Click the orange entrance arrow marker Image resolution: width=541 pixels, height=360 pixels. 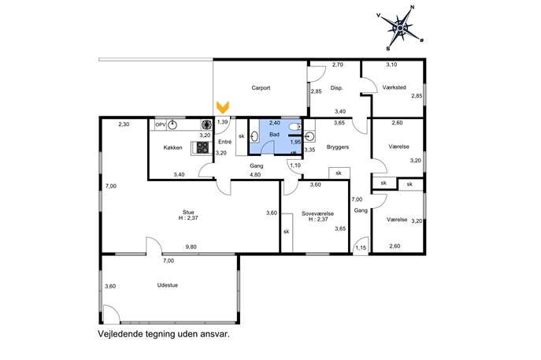click(223, 107)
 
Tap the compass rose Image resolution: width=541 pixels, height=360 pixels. click(400, 28)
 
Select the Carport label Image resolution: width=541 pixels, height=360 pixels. click(261, 88)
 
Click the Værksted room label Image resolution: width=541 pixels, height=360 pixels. click(394, 87)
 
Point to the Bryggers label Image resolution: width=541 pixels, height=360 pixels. click(337, 147)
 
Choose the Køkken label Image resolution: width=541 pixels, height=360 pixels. click(173, 148)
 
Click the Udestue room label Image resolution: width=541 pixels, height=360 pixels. click(167, 285)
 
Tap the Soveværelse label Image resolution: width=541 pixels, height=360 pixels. click(317, 213)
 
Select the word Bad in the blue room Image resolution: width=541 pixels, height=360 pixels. click(274, 134)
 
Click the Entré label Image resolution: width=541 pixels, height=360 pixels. click(225, 142)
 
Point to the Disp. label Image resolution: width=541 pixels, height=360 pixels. click(336, 88)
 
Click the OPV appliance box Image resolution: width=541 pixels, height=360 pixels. click(161, 125)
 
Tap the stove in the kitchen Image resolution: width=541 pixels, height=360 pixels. click(202, 148)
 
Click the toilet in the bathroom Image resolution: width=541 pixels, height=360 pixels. click(295, 128)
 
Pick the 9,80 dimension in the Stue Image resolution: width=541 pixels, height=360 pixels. click(191, 247)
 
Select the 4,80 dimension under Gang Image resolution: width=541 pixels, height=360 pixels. click(255, 175)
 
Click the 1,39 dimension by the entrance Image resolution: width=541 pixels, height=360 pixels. click(223, 122)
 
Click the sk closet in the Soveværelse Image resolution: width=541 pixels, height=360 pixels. click(287, 232)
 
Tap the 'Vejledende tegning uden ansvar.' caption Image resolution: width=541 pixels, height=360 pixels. click(164, 334)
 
